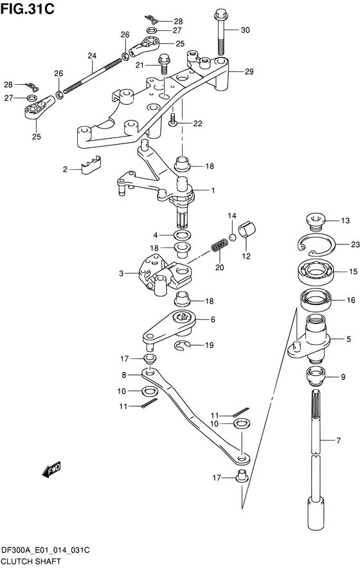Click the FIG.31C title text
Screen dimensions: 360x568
27,8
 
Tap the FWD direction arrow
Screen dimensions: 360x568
51,470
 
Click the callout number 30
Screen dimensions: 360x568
245,30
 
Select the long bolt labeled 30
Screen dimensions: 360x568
221,33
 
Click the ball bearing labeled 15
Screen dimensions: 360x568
316,271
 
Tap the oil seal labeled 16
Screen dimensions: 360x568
316,300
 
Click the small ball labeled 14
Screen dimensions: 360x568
232,237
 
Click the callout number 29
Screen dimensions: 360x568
249,72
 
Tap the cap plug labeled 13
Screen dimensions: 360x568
316,221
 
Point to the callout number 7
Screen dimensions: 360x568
338,441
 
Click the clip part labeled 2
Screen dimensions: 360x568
91,165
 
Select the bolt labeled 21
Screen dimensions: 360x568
165,64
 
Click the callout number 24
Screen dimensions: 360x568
92,56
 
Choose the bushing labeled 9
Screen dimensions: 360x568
316,376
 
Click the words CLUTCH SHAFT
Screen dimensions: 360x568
31,562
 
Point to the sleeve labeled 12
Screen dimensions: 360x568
246,230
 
